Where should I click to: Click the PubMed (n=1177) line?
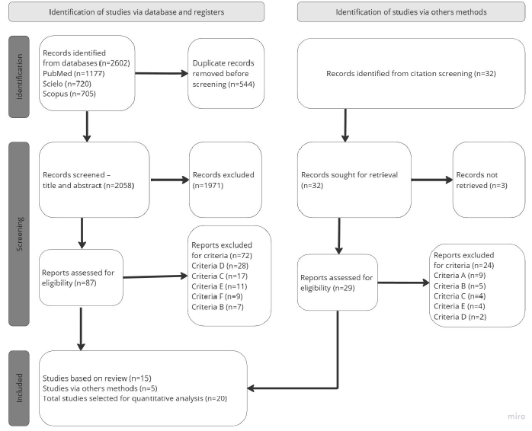(x=74, y=74)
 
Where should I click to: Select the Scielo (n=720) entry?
(x=67, y=84)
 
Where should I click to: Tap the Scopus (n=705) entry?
(x=69, y=94)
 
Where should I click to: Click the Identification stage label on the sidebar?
(x=19, y=77)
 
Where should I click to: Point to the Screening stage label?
(x=19, y=234)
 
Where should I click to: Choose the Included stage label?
(x=19, y=388)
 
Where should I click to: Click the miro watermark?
(x=517, y=416)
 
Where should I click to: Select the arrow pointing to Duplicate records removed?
(x=162, y=73)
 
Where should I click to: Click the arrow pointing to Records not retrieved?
(x=432, y=180)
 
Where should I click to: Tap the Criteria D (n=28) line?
(x=220, y=266)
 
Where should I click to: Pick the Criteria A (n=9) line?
(x=460, y=276)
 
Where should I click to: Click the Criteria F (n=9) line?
(x=217, y=297)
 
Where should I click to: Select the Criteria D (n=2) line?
(x=460, y=317)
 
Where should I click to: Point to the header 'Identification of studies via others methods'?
(x=412, y=12)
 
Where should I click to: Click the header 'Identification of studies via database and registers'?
(x=136, y=12)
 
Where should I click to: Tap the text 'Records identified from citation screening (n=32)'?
(x=411, y=74)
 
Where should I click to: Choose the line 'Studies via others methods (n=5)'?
(x=100, y=388)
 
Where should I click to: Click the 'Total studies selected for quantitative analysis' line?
(x=135, y=398)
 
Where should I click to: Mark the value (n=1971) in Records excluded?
(x=208, y=186)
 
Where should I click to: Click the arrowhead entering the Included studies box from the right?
(x=251, y=388)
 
